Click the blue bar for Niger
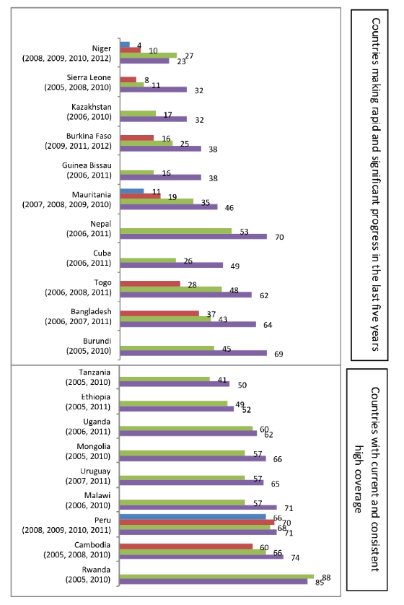coord(125,44)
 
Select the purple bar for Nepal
coord(193,236)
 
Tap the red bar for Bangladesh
coord(159,313)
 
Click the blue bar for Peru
coord(193,517)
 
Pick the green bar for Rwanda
coord(216,576)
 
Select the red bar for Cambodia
coord(186,547)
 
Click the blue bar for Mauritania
coord(132,191)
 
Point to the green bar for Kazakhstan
coord(138,113)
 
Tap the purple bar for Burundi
coord(193,352)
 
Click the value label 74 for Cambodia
coord(295,557)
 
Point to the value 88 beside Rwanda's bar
coord(327,578)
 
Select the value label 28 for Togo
coord(193,285)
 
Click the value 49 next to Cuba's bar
coord(234,266)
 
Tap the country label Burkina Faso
coord(89,136)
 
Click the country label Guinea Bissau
coord(87,165)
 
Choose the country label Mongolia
coord(93,446)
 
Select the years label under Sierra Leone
coord(78,87)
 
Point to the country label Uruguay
coord(95,471)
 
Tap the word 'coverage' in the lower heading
coord(359,479)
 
